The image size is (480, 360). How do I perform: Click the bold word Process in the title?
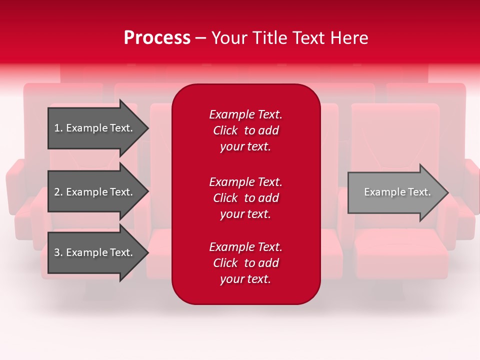point(157,38)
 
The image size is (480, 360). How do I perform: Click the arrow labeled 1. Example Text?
point(95,128)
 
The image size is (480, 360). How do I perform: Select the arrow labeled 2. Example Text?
point(95,192)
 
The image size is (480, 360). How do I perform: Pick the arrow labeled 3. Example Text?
point(95,252)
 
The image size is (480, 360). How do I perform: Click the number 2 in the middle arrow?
point(57,192)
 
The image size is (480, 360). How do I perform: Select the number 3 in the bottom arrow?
point(57,252)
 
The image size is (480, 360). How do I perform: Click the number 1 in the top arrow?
point(57,128)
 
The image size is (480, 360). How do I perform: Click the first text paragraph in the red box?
point(245,130)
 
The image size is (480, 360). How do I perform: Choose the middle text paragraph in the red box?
point(245,198)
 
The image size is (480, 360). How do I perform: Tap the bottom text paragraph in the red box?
point(245,263)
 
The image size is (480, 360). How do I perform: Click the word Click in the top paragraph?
point(225,130)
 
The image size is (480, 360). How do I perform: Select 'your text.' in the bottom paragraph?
point(245,279)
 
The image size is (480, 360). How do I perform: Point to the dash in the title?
point(200,38)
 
